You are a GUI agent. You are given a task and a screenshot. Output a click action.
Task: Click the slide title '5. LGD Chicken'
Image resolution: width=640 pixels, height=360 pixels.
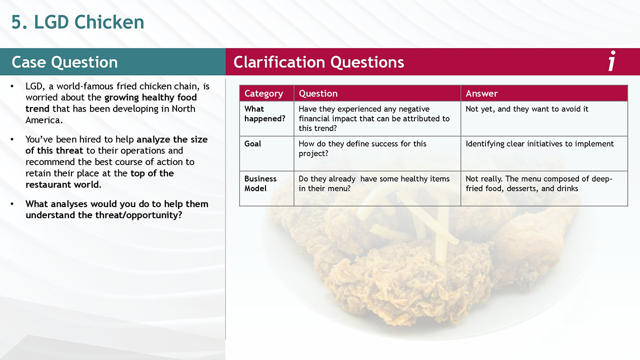coord(77,22)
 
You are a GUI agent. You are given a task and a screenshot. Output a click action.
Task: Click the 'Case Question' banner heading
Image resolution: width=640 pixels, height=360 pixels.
coord(64,62)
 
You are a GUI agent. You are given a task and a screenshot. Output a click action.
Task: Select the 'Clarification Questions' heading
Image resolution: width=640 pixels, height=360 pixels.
coord(318,62)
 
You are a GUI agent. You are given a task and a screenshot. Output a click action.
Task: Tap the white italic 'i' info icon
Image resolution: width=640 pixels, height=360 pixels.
coord(611,60)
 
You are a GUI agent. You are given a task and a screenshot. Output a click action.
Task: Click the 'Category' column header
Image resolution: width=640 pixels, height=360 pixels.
coord(263,93)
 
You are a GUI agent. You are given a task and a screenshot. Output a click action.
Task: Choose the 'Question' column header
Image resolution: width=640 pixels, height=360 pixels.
coord(318,93)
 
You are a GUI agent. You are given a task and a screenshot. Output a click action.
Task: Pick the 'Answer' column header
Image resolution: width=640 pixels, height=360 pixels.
coord(481,93)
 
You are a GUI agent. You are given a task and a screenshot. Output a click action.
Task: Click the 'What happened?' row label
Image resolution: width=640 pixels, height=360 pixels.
coord(264,113)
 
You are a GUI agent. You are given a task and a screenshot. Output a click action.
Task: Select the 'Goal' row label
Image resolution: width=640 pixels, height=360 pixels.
coord(252,143)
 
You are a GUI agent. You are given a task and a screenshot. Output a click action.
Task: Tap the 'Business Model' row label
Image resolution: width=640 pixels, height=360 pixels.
coord(260,183)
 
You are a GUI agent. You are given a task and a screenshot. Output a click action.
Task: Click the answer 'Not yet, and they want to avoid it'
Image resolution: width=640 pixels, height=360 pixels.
coord(527,109)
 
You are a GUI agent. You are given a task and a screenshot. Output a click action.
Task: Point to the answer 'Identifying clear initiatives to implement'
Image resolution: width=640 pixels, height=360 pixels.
coord(539,144)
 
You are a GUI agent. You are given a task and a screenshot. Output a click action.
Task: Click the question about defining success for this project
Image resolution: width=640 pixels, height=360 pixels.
coord(362,148)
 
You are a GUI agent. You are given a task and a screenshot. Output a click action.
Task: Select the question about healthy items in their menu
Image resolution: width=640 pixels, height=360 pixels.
coord(374,183)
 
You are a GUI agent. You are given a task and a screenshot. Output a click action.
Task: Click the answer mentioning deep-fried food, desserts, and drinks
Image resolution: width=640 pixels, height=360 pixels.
coord(539,183)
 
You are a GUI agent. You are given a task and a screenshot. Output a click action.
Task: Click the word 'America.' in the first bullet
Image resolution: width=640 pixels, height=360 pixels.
coord(44,120)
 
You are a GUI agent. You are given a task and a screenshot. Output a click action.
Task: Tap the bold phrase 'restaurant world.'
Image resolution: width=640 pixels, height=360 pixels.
coord(63,184)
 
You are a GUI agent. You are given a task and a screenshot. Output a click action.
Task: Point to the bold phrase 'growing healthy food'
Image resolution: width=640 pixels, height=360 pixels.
coord(150,97)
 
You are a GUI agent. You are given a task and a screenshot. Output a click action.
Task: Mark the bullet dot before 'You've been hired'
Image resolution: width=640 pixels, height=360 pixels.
coord(12,139)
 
